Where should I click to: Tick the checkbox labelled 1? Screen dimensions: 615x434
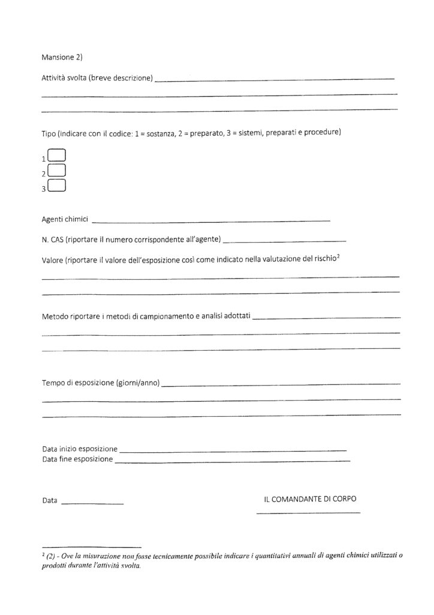click(x=56, y=156)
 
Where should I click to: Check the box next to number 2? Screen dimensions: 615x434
click(x=56, y=171)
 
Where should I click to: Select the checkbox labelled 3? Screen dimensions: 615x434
click(x=56, y=186)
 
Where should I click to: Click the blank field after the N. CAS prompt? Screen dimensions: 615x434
click(x=284, y=240)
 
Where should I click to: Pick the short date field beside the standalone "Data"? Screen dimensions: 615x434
click(x=92, y=502)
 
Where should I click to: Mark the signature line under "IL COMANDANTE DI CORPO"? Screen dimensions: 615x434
click(x=308, y=512)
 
